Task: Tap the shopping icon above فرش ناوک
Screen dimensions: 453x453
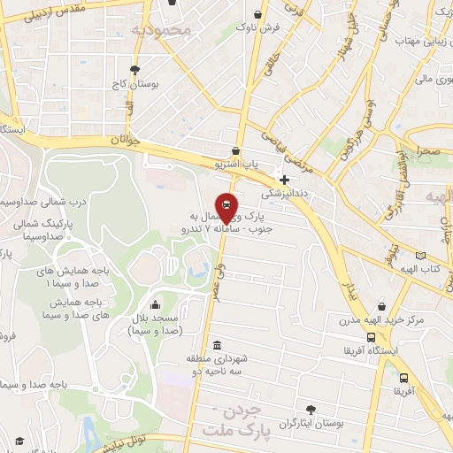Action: [257, 15]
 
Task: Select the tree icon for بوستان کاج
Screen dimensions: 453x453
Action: [134, 70]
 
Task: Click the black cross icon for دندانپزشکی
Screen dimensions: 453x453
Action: [284, 180]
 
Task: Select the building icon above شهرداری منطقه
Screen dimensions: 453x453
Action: [218, 344]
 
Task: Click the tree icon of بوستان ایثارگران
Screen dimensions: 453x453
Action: [310, 409]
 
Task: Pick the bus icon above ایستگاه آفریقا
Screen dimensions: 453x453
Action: [370, 336]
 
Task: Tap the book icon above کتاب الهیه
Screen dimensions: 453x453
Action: [419, 256]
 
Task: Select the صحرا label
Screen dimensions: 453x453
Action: [429, 151]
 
